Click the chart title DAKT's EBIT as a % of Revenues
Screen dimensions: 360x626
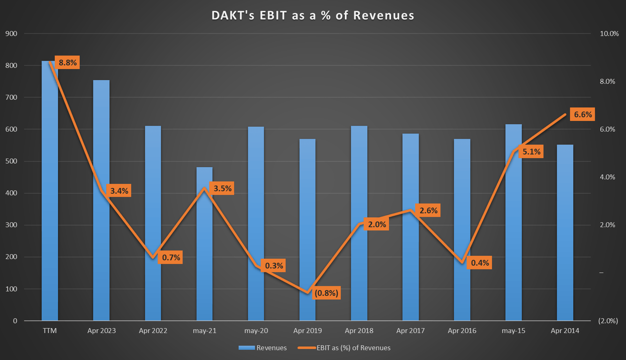(x=313, y=15)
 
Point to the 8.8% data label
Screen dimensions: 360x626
(x=67, y=63)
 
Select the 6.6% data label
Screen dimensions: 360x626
(x=582, y=115)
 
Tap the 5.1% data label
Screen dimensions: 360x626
(x=531, y=152)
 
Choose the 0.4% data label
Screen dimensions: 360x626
(x=480, y=263)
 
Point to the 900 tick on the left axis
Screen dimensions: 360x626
(x=11, y=34)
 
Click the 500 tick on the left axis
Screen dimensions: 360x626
(x=11, y=161)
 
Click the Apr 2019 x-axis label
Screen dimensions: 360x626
(x=308, y=331)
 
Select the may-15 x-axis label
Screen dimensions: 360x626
(x=513, y=331)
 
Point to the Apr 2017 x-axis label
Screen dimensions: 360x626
(x=410, y=331)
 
